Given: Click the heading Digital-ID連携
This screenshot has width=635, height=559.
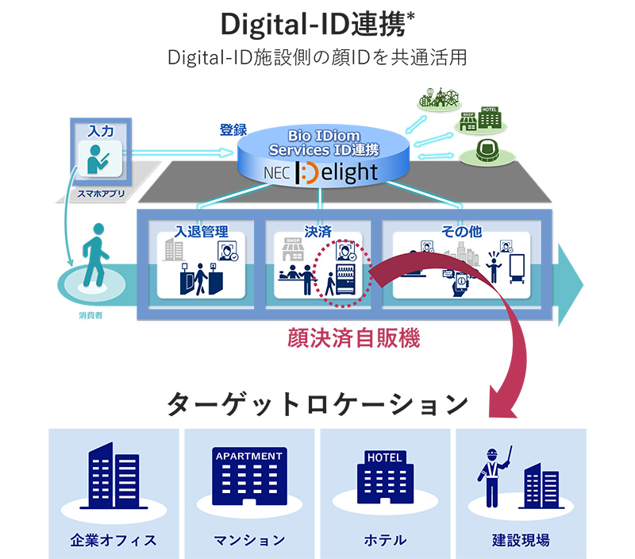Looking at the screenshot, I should [316, 25].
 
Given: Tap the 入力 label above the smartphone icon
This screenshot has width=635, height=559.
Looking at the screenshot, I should [99, 129].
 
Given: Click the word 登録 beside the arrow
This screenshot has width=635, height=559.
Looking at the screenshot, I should [233, 129].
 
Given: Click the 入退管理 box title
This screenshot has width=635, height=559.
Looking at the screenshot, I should [202, 232].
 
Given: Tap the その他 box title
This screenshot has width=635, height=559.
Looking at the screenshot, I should [461, 232].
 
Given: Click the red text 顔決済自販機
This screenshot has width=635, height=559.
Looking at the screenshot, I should [353, 339].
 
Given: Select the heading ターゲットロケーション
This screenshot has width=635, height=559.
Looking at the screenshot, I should [317, 404].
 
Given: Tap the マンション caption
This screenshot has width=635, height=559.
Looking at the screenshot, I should [249, 540].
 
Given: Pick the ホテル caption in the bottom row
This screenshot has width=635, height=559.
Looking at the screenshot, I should [385, 540].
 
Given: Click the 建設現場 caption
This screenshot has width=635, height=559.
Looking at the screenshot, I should [521, 540].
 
